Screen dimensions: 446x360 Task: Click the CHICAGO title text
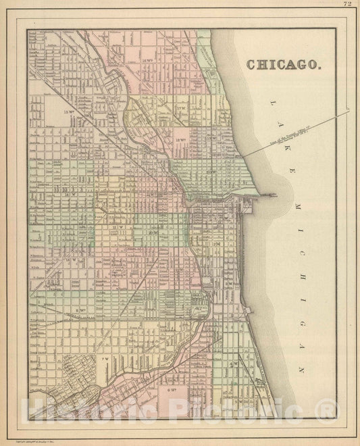284,65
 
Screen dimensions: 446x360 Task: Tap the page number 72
347,4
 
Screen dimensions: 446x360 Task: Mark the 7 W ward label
104,359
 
